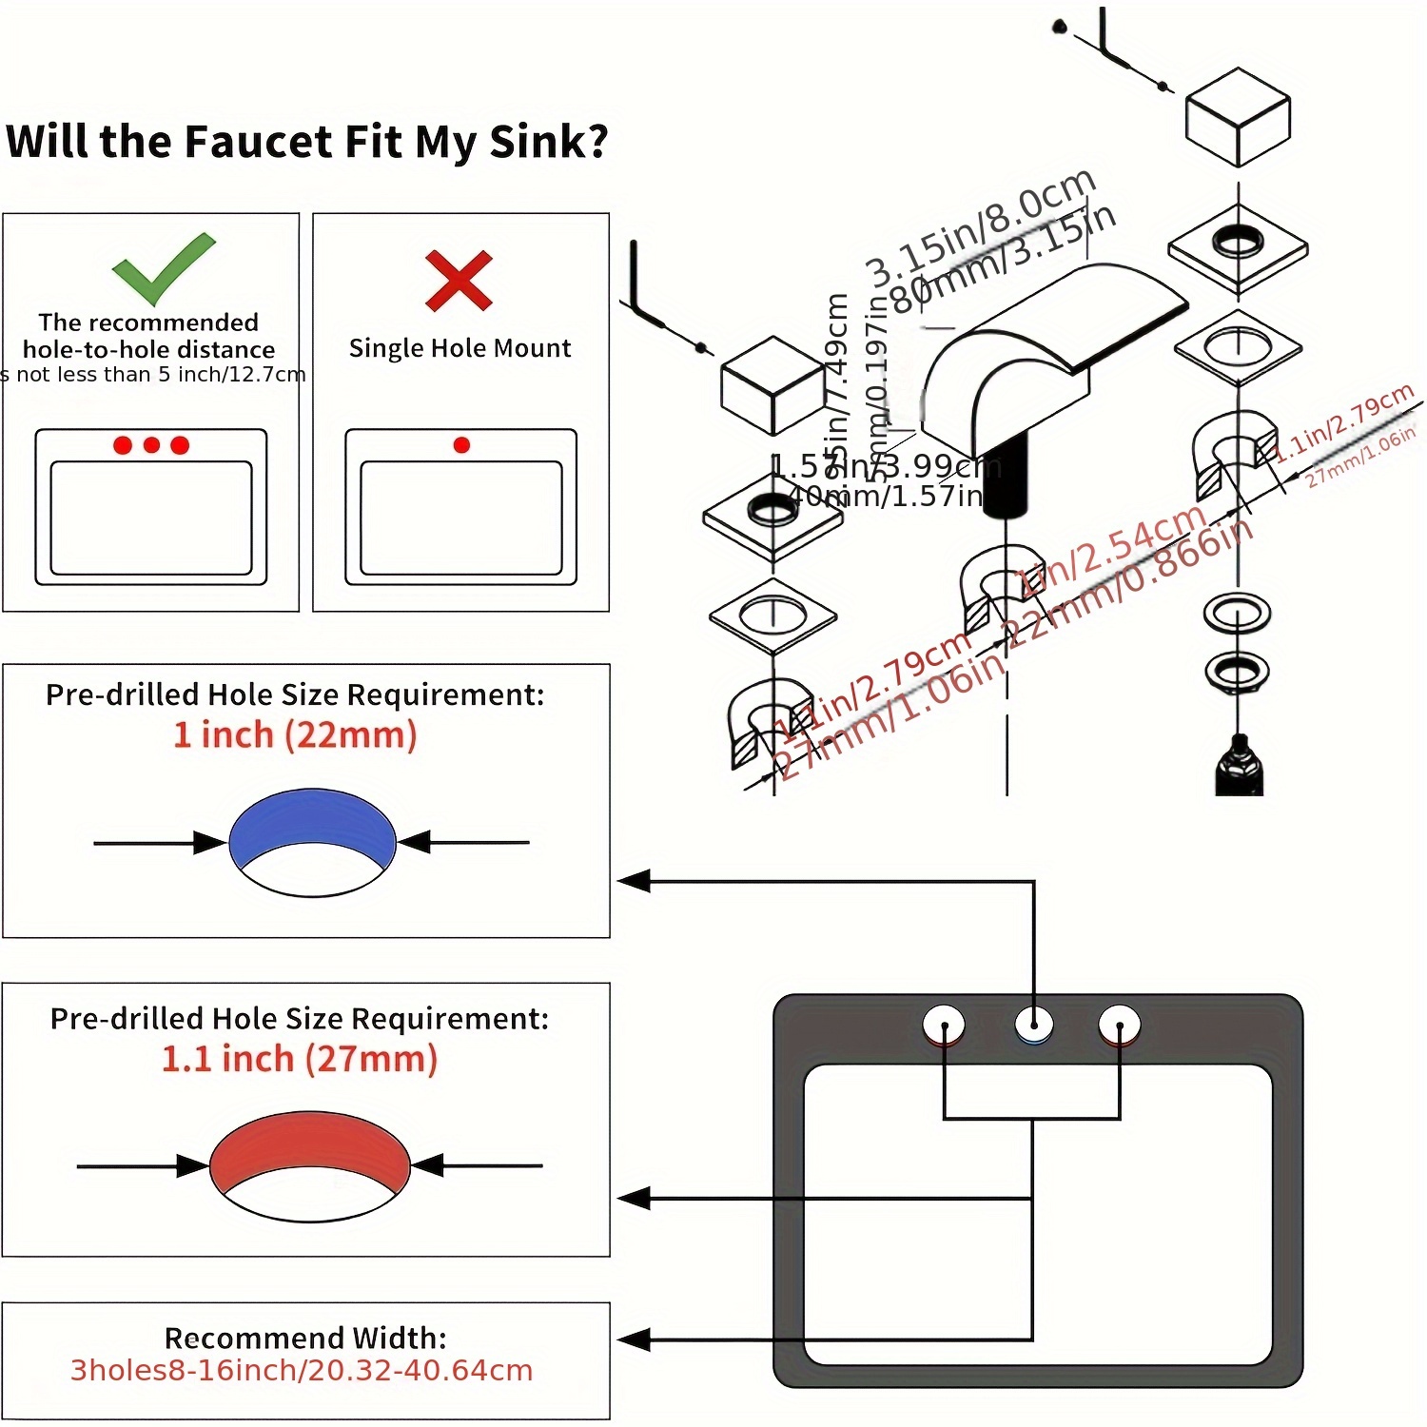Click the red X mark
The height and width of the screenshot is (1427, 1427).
pyautogui.click(x=459, y=281)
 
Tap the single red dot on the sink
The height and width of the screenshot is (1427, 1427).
pyautogui.click(x=461, y=444)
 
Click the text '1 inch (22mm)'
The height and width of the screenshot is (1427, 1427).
pyautogui.click(x=295, y=735)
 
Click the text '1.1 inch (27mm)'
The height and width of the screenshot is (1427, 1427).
pyautogui.click(x=300, y=1059)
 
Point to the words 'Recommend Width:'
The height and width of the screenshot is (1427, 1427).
pyautogui.click(x=305, y=1338)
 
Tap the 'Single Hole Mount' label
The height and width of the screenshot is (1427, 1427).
pyautogui.click(x=460, y=348)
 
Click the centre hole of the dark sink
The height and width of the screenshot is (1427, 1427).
pyautogui.click(x=1033, y=1025)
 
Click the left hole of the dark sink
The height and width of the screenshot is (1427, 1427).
pyautogui.click(x=945, y=1026)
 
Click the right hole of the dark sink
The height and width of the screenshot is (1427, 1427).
pyautogui.click(x=1120, y=1026)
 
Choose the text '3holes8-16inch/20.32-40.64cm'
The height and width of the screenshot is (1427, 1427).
pyautogui.click(x=302, y=1371)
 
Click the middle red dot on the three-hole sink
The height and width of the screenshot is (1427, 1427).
pyautogui.click(x=151, y=444)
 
